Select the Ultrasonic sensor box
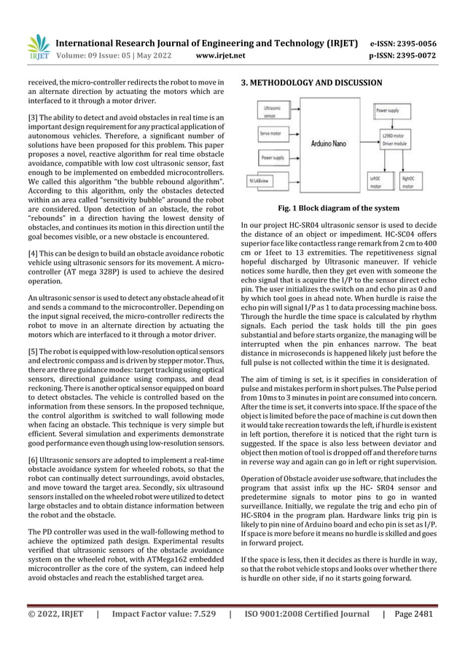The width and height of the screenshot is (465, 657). (x=270, y=112)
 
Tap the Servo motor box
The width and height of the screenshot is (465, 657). (x=270, y=134)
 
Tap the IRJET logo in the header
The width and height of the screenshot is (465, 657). (x=37, y=48)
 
